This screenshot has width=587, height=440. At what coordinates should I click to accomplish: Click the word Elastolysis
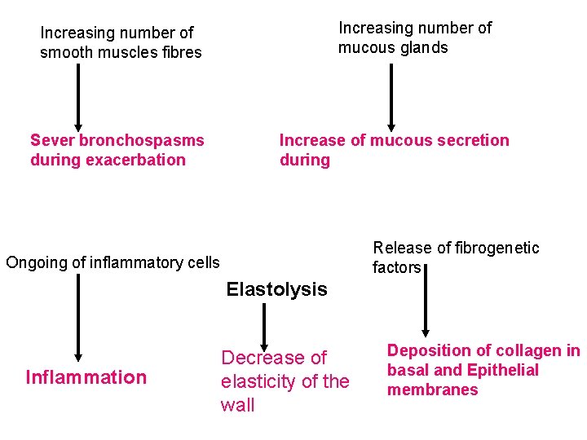click(x=276, y=289)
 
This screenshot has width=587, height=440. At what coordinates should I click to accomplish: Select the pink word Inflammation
click(x=86, y=377)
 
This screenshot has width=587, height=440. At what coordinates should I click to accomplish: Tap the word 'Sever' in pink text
click(x=52, y=140)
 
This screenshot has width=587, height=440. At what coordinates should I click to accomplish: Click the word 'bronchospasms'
click(x=142, y=140)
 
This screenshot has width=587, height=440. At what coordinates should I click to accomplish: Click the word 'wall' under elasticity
click(x=237, y=405)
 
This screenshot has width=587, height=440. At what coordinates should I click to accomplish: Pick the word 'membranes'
click(x=432, y=389)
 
